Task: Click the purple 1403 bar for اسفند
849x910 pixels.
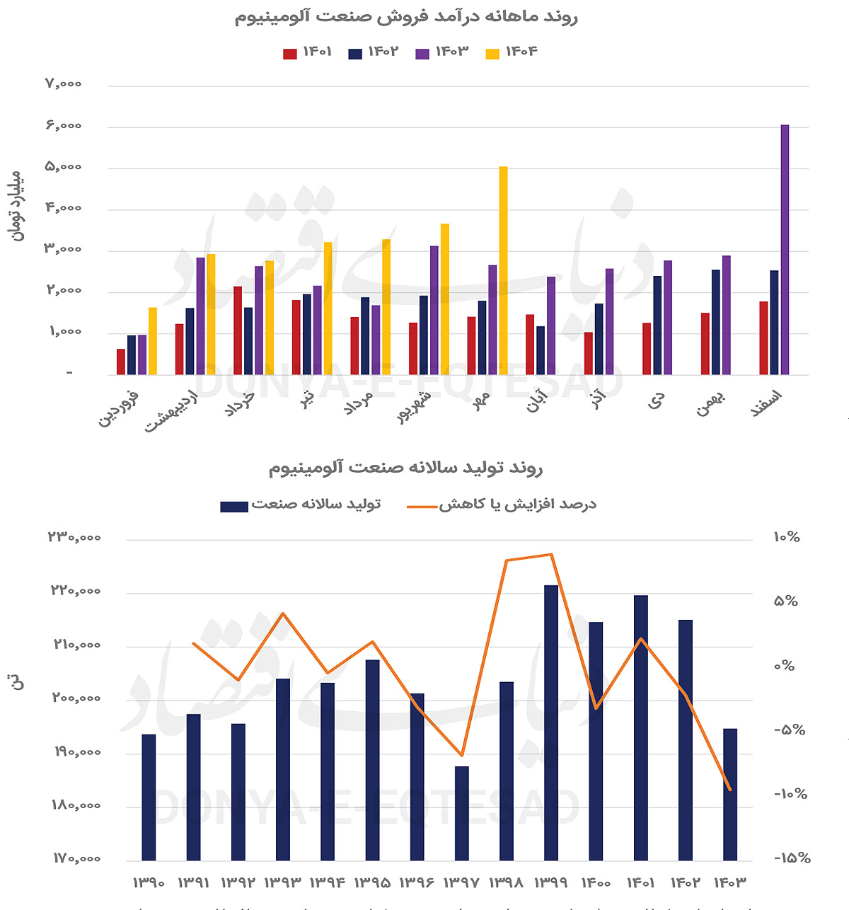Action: pyautogui.click(x=785, y=250)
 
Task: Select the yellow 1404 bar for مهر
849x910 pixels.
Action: pyautogui.click(x=503, y=270)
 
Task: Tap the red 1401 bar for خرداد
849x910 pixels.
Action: pyautogui.click(x=238, y=330)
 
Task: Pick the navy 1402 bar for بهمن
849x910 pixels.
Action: pyautogui.click(x=716, y=322)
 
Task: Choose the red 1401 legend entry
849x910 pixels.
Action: pyautogui.click(x=308, y=52)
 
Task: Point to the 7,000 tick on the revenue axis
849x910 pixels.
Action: pyautogui.click(x=64, y=84)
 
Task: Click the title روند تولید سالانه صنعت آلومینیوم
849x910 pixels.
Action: pyautogui.click(x=405, y=468)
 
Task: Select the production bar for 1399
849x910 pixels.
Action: pyautogui.click(x=551, y=722)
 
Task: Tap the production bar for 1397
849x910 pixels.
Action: pyautogui.click(x=462, y=813)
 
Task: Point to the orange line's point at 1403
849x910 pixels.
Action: pyautogui.click(x=730, y=790)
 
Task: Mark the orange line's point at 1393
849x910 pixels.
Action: pyautogui.click(x=283, y=614)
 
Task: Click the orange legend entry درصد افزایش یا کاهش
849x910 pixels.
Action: pyautogui.click(x=502, y=505)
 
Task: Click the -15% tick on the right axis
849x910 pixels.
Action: pyautogui.click(x=792, y=858)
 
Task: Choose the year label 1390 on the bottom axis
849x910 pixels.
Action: pyautogui.click(x=149, y=883)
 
